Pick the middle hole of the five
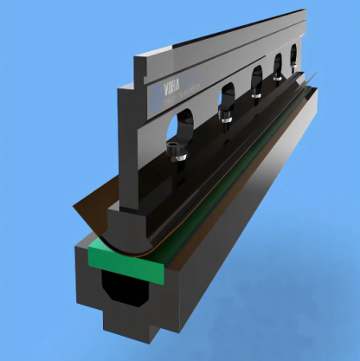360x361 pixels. tap(257, 79)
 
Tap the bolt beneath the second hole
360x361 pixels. tap(227, 115)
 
